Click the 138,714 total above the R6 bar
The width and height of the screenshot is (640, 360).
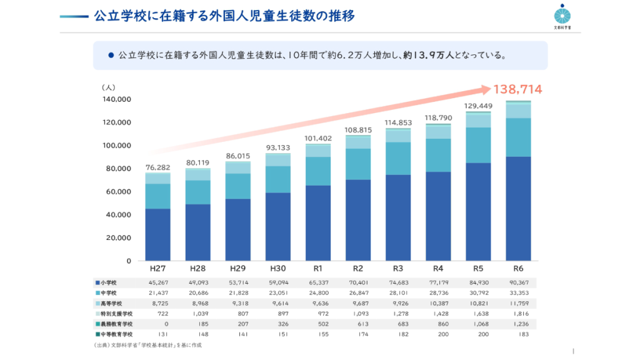pos(517,89)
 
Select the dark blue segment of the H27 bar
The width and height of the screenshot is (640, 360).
pos(157,234)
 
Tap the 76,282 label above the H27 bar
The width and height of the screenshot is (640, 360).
pos(157,167)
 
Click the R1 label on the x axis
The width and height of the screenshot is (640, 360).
pos(317,269)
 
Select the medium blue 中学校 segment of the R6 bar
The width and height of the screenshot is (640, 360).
pos(517,137)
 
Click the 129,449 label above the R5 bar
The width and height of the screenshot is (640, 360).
pos(477,106)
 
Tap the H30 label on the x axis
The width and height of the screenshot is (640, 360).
pos(277,269)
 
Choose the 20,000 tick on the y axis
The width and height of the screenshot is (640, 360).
pos(119,237)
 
